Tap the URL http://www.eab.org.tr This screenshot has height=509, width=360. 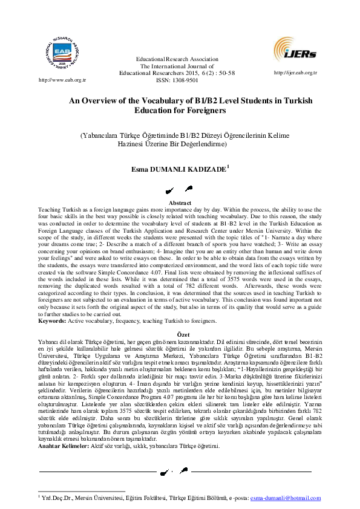tap(45, 79)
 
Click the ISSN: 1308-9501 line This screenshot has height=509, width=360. tap(177, 79)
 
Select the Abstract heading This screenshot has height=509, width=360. tap(180, 203)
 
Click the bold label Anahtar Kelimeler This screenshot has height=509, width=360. tap(66, 446)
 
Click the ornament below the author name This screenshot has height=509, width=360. tap(180, 190)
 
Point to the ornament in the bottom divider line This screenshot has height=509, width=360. tap(180, 470)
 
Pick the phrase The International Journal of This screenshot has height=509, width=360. tap(177, 66)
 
